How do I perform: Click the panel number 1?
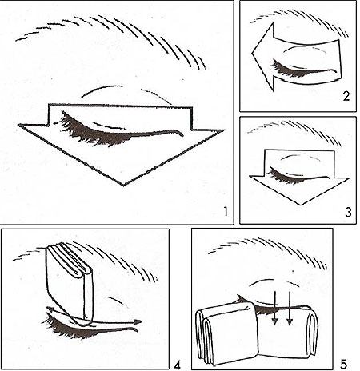(226, 212)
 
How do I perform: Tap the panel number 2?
(346, 96)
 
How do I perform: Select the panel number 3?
(348, 213)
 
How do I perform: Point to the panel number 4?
(178, 365)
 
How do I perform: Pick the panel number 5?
(343, 364)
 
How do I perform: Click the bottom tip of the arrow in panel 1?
(123, 185)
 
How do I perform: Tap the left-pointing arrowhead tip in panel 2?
(253, 53)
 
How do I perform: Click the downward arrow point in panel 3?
(301, 205)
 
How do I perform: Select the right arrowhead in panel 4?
(138, 322)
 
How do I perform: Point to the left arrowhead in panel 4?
(50, 309)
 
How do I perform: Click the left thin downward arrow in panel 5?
(274, 309)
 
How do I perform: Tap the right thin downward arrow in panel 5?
(290, 309)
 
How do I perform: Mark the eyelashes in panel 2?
(286, 70)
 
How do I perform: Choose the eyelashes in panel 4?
(74, 329)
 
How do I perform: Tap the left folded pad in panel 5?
(227, 333)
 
